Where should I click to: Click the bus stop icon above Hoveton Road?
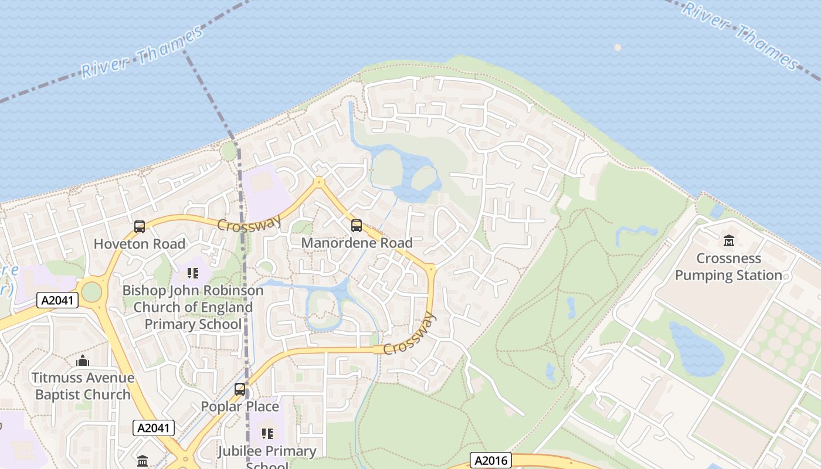click(x=140, y=226)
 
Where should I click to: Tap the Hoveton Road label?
click(x=140, y=244)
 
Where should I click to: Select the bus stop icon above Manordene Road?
click(x=356, y=225)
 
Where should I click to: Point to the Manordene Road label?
click(x=357, y=243)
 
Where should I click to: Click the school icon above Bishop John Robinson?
click(x=193, y=273)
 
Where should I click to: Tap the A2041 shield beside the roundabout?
click(x=57, y=300)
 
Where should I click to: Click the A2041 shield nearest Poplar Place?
click(x=154, y=428)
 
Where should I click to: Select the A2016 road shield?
click(x=491, y=460)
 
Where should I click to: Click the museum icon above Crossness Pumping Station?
click(x=728, y=240)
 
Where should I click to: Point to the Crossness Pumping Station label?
click(x=728, y=267)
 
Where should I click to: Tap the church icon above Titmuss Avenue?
click(x=83, y=360)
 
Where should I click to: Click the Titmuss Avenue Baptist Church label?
click(x=83, y=386)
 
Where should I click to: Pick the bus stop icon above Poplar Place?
click(x=239, y=389)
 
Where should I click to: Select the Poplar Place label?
click(x=240, y=406)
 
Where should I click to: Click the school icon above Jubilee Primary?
click(x=267, y=434)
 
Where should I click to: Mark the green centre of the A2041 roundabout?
click(x=91, y=291)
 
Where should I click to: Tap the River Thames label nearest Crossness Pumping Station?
click(x=742, y=35)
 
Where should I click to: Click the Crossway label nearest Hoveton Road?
click(x=249, y=223)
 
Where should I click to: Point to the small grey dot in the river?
click(x=617, y=47)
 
